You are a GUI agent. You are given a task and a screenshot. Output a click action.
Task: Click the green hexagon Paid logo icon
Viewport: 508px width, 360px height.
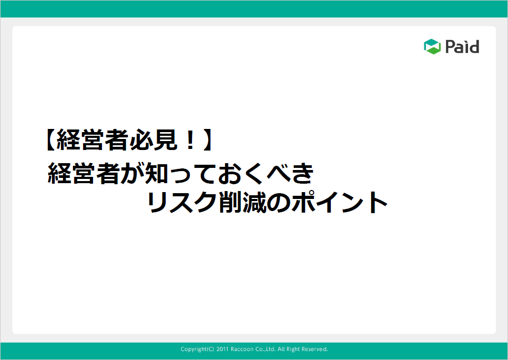tap(432, 46)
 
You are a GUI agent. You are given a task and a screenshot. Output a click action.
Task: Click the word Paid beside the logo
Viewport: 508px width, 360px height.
tap(462, 47)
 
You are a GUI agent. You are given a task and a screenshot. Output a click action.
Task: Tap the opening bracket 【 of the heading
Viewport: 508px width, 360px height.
tap(49, 140)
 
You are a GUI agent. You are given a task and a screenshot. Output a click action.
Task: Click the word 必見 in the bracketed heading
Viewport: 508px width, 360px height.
tap(154, 140)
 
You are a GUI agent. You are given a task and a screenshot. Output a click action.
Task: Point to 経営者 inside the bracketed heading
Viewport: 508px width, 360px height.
tap(93, 140)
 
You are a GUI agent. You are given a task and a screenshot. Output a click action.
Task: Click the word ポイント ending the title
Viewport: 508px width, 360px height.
tap(340, 202)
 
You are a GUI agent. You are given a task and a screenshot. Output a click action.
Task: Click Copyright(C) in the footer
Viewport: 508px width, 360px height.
tap(197, 349)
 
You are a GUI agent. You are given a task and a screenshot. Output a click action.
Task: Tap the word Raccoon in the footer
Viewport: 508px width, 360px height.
tap(242, 349)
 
